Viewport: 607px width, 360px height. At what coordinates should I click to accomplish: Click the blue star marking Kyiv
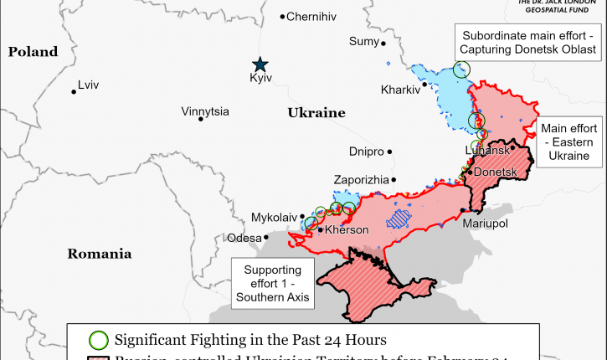[x=260, y=64]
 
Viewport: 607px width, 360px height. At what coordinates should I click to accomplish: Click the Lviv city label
[x=88, y=85]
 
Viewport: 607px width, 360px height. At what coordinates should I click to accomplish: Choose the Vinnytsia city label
[x=205, y=111]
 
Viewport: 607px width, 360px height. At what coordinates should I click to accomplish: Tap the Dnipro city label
[x=366, y=152]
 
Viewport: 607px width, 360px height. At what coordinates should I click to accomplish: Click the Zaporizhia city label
[x=361, y=180]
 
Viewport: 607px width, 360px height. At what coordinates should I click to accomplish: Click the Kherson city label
[x=347, y=230]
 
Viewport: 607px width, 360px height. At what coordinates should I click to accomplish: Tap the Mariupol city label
[x=485, y=224]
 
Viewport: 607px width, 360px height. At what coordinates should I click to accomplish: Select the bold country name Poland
[x=33, y=52]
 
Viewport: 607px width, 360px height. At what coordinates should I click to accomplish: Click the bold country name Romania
[x=100, y=254]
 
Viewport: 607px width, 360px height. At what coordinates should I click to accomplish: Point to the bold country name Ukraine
[x=316, y=112]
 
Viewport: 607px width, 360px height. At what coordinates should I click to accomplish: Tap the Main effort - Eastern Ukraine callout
[x=568, y=141]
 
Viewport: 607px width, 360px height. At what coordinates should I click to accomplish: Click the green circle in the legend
[x=99, y=340]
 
